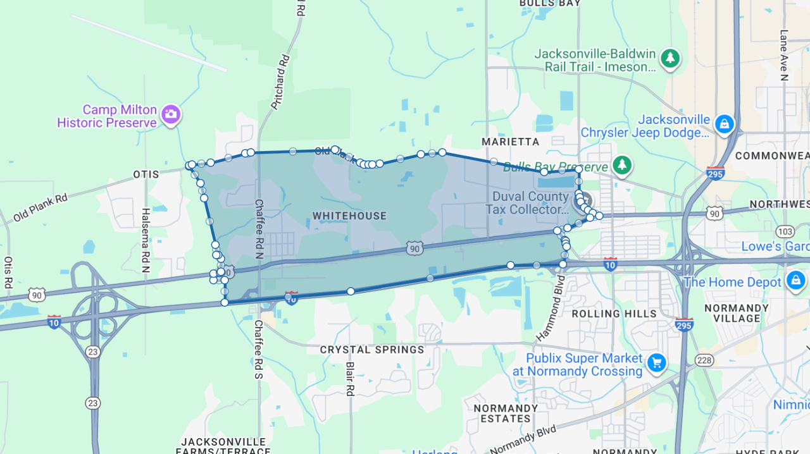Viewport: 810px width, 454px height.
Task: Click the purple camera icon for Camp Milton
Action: (170, 114)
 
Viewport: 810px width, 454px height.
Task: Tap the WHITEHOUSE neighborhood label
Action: (349, 216)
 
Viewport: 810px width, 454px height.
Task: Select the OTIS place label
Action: (146, 174)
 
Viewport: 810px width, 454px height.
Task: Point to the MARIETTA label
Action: (510, 142)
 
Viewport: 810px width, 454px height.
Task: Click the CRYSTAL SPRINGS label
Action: (372, 350)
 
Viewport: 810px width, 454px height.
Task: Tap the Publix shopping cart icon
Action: (656, 363)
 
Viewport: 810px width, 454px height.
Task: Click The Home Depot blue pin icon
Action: (795, 280)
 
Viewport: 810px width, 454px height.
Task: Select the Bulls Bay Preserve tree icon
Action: (623, 165)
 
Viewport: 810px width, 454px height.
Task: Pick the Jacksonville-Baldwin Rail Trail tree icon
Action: (670, 59)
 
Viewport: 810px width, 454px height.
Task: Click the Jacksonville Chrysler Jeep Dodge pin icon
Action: (724, 124)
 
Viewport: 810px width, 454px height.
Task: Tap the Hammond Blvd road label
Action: (549, 308)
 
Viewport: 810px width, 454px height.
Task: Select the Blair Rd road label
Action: (349, 379)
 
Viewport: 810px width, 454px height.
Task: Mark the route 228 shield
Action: (704, 360)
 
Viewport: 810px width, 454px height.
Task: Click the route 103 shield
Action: (785, 231)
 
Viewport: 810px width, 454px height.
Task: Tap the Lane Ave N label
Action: (784, 56)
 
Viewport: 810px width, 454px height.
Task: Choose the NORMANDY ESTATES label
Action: (505, 414)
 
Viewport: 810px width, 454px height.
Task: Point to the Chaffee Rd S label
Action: (258, 350)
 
